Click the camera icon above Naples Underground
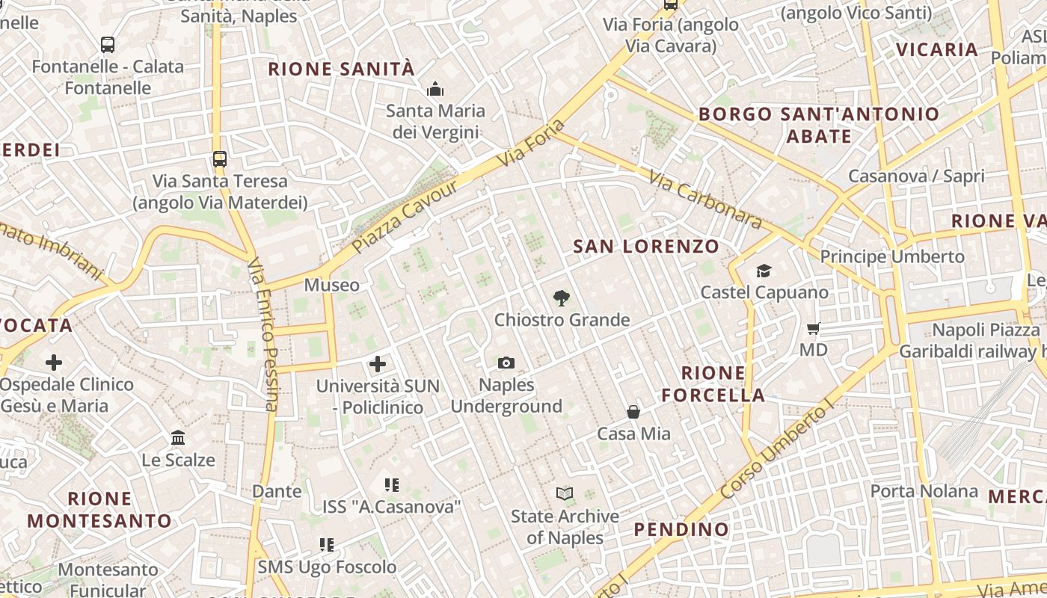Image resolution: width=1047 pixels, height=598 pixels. click(506, 363)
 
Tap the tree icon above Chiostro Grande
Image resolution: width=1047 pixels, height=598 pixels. click(561, 298)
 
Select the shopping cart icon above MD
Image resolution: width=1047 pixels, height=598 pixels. click(814, 328)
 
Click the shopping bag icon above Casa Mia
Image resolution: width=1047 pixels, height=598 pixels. click(633, 412)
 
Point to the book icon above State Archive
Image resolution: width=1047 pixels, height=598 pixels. click(565, 494)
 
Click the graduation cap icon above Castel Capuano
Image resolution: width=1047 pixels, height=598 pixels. click(764, 271)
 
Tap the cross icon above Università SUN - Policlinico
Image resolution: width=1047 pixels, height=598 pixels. click(378, 364)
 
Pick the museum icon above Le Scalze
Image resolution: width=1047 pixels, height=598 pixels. click(178, 438)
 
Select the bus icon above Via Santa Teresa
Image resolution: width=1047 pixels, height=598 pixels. click(219, 159)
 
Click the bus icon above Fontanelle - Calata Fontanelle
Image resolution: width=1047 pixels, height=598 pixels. click(108, 45)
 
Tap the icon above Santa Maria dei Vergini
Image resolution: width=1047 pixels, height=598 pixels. click(435, 90)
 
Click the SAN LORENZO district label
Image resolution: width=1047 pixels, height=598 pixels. click(646, 246)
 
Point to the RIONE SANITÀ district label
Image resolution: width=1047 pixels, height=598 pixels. click(341, 70)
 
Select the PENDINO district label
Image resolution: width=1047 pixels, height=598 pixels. click(681, 529)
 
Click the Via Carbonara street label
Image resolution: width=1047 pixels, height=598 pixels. click(705, 200)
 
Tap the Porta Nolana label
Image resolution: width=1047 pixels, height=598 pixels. click(924, 491)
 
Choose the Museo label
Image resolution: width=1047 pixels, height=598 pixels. click(331, 285)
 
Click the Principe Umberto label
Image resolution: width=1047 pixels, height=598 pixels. click(892, 256)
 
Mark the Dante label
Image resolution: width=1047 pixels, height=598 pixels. click(277, 491)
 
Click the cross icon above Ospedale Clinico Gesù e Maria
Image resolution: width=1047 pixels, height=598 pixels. click(54, 363)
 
